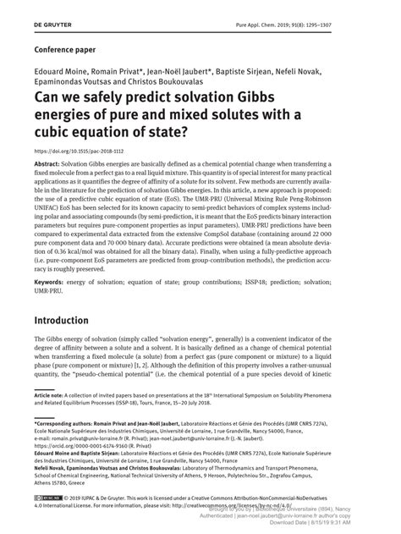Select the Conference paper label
tap(67, 48)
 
